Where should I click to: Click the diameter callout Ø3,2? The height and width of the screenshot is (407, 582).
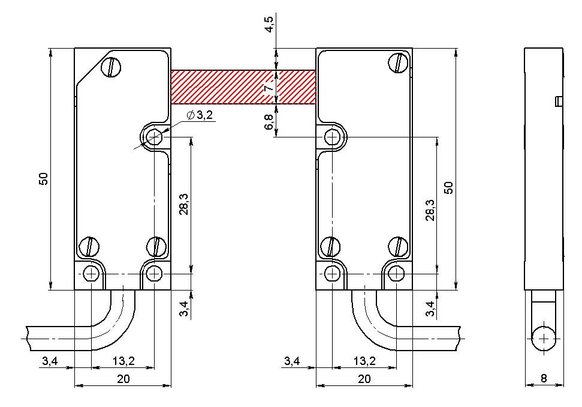pos(200,115)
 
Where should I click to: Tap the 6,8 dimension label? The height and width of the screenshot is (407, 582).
pos(269,122)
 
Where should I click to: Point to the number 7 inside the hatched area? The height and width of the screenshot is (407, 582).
pos(270,87)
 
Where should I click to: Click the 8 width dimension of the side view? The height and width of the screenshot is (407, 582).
pos(544,378)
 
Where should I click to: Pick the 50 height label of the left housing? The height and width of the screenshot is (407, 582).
pos(44,179)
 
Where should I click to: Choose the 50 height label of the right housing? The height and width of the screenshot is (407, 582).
pos(449,188)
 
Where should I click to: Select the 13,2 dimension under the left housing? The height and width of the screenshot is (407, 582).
pos(123,361)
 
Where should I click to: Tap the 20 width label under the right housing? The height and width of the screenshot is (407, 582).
pos(364,379)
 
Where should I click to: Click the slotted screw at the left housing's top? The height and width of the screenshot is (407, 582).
pos(111,67)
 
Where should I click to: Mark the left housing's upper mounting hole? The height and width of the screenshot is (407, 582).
pos(153,137)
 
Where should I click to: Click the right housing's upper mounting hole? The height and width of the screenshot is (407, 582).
pos(332,137)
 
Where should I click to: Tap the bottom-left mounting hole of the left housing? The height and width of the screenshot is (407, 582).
pos(91,274)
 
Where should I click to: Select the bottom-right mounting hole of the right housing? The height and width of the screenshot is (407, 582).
pos(396,274)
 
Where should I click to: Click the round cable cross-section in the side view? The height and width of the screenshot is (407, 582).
pos(544,339)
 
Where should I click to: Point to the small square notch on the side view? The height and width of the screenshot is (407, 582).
pos(559,101)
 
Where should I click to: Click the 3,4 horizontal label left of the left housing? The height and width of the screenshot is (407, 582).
pos(50,361)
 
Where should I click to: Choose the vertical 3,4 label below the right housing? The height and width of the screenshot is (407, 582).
pos(430,309)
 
